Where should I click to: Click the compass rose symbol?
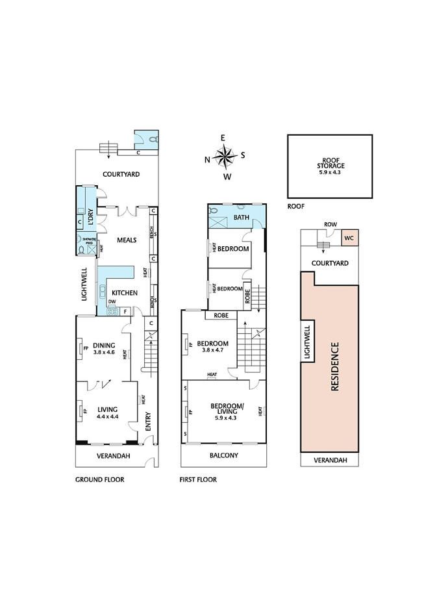pyautogui.click(x=225, y=157)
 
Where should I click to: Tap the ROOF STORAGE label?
pyautogui.click(x=330, y=166)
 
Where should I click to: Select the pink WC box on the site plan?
pyautogui.click(x=349, y=238)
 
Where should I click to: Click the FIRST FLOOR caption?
pyautogui.click(x=198, y=479)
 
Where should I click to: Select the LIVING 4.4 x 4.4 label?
pyautogui.click(x=107, y=413)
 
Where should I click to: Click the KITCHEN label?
pyautogui.click(x=124, y=293)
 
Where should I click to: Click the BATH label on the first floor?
pyautogui.click(x=242, y=218)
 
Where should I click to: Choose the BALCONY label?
pyautogui.click(x=225, y=455)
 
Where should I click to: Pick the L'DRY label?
pyautogui.click(x=92, y=219)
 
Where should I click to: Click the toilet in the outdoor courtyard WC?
pyautogui.click(x=152, y=139)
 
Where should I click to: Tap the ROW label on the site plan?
pyautogui.click(x=330, y=225)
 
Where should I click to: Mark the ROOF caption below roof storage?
pyautogui.click(x=295, y=206)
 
